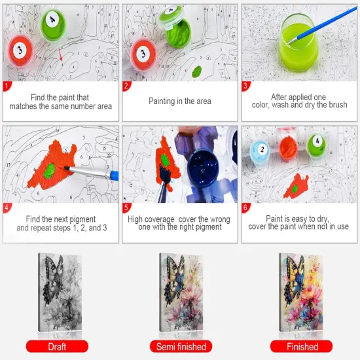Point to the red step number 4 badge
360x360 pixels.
pos(7,208)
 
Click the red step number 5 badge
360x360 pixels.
pos(127,208)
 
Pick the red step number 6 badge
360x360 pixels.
pos(245,208)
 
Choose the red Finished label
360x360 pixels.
pos(302,346)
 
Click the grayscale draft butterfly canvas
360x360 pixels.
pos(60,293)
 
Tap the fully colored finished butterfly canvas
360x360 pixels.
pos(302,293)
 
